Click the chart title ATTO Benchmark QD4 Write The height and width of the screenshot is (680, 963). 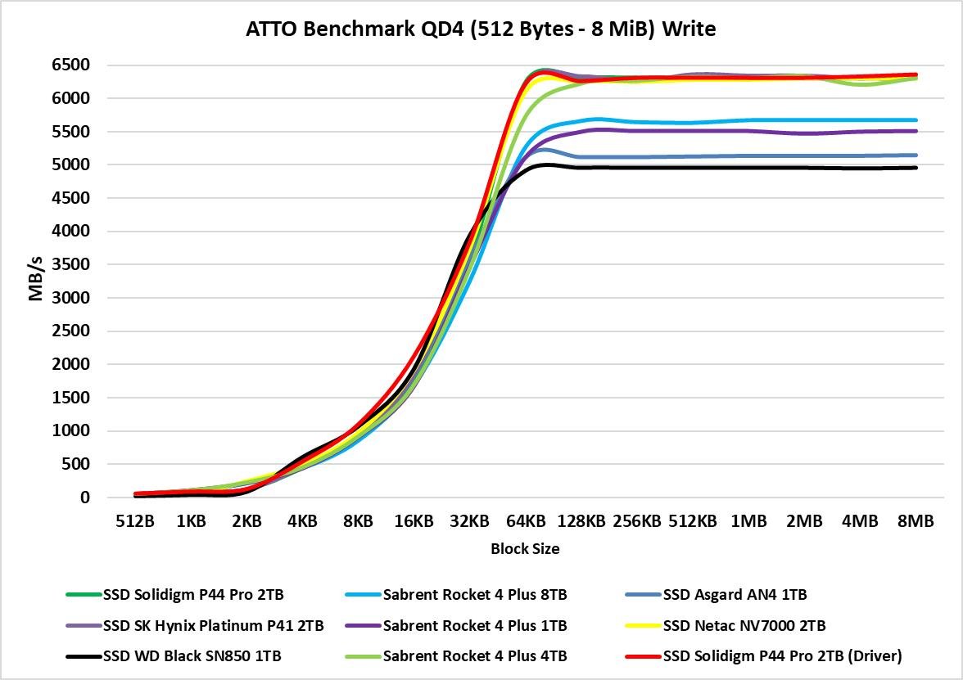click(481, 29)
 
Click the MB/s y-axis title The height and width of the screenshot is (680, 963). click(35, 281)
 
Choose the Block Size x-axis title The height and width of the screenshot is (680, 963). click(525, 549)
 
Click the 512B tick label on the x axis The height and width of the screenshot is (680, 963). click(135, 521)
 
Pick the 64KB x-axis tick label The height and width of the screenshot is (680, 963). click(525, 521)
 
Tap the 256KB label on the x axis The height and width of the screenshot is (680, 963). click(637, 521)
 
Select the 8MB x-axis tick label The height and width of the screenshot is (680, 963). click(915, 521)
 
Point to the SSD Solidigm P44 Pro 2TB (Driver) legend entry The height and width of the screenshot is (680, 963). click(782, 656)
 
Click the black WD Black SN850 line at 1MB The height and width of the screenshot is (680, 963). click(748, 168)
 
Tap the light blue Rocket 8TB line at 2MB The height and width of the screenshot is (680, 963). click(804, 119)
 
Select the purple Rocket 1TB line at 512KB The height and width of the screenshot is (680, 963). click(693, 131)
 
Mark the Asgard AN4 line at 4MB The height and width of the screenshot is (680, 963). click(860, 155)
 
